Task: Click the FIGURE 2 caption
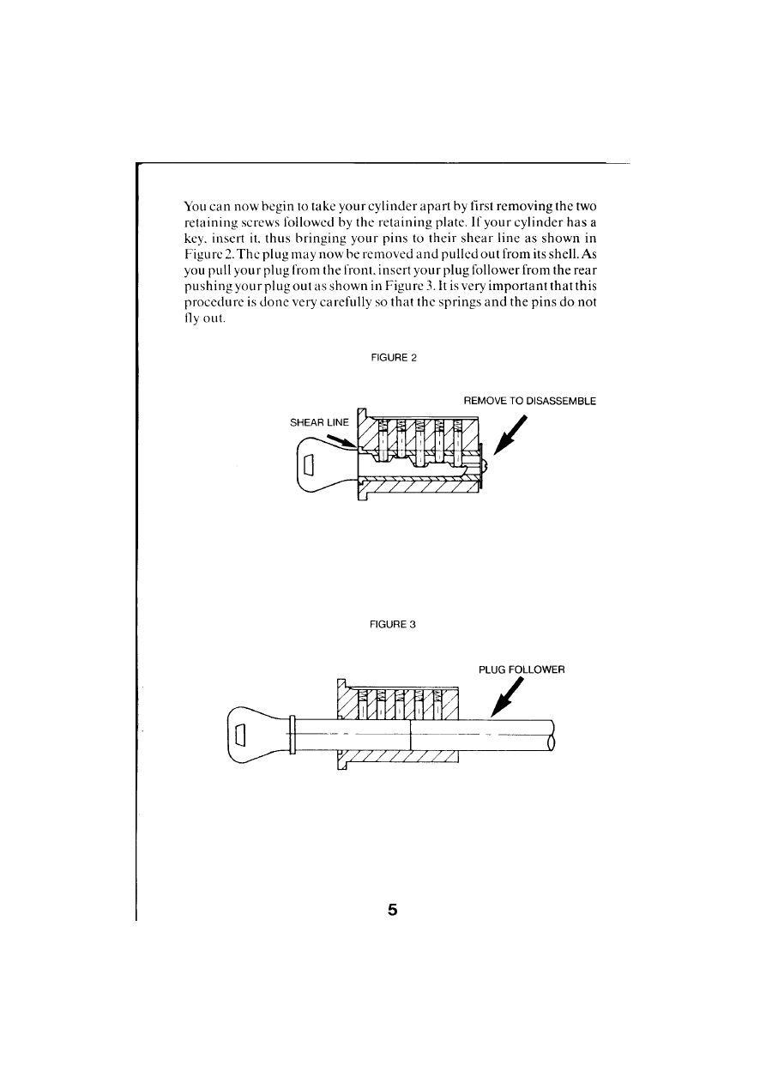[394, 357]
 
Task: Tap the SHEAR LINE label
[317, 423]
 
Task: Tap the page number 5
[393, 911]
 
